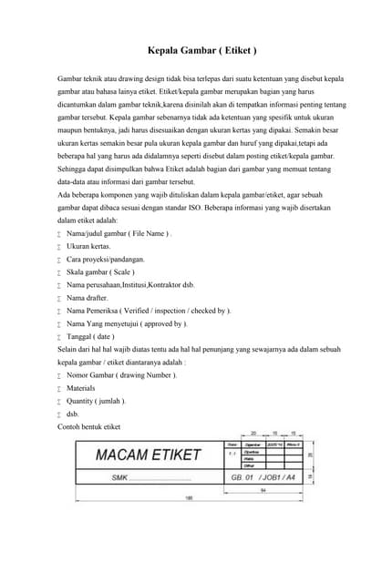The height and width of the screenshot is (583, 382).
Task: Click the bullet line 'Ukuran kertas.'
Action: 89,246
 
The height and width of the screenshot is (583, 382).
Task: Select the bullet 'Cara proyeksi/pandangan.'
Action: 105,259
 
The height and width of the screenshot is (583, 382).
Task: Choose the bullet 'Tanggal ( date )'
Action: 92,336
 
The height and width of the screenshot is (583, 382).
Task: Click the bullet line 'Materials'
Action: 81,388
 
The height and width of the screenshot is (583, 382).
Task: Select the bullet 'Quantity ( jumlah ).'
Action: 97,401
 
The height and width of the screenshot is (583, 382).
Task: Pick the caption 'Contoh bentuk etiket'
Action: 88,426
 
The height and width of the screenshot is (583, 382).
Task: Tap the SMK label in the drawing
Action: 119,476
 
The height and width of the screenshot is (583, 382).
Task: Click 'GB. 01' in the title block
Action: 242,476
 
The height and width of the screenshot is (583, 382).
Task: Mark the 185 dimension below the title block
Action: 189,497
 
